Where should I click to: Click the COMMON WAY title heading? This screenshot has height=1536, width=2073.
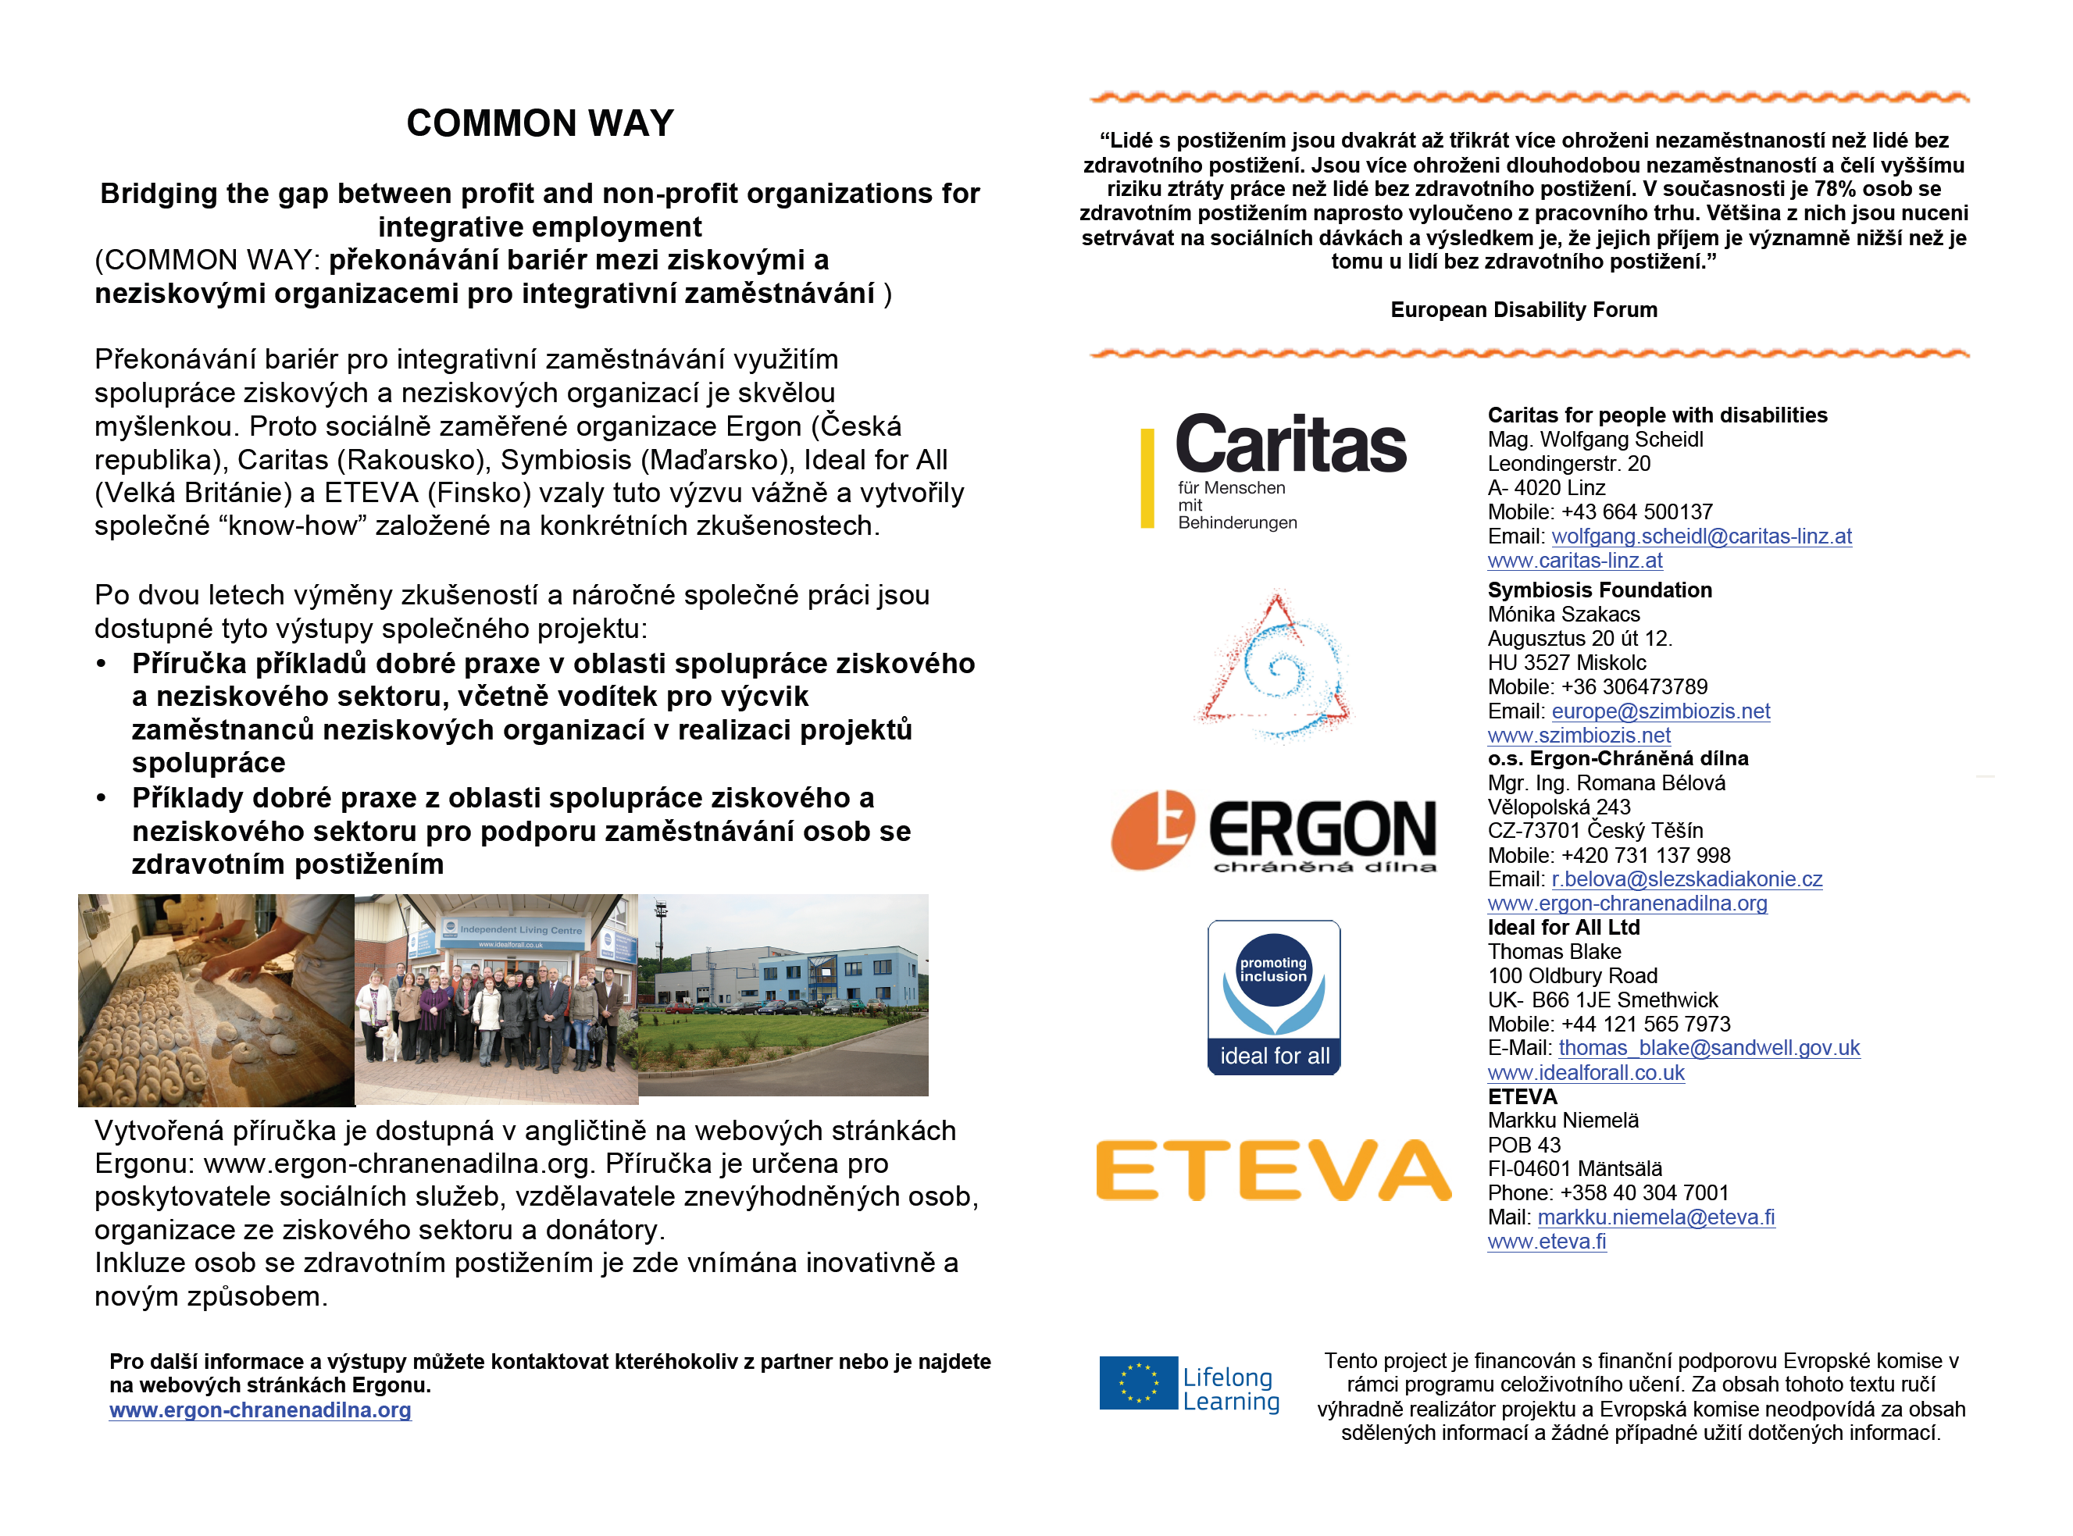[x=540, y=123]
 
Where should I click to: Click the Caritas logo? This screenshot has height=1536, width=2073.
[x=1274, y=469]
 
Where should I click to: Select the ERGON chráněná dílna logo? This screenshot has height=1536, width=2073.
[x=1274, y=830]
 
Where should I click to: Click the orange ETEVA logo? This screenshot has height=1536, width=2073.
[x=1273, y=1170]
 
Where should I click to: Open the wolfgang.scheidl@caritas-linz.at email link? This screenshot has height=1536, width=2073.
[x=1701, y=536]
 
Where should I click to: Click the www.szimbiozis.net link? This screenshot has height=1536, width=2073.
[x=1579, y=736]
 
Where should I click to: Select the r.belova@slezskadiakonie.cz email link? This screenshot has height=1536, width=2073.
[x=1686, y=879]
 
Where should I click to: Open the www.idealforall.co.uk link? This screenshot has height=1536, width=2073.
[x=1586, y=1073]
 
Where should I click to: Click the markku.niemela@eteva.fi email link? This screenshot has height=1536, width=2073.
[x=1655, y=1217]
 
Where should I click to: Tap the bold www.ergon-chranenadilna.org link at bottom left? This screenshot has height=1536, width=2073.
[x=259, y=1409]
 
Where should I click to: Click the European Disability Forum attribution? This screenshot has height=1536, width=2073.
[x=1523, y=309]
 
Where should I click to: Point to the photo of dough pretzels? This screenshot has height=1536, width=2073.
[x=216, y=1000]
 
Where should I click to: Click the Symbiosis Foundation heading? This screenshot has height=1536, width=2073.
[x=1600, y=590]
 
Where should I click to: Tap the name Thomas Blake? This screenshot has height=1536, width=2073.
[x=1554, y=952]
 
